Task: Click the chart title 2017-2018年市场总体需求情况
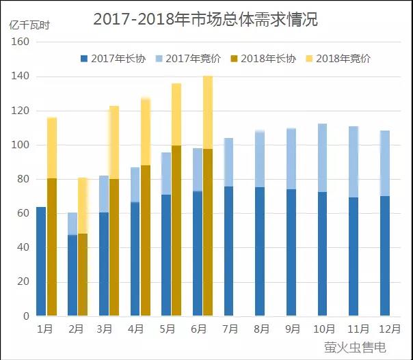coord(205,20)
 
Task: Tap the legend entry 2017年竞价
coord(189,59)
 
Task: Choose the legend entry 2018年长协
coord(267,59)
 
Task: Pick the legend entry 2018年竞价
coord(341,59)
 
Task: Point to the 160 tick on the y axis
coord(21,42)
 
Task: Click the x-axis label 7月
coord(230,329)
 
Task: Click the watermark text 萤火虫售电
coord(355,348)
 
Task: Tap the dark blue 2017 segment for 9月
coord(291,253)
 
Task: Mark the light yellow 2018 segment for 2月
coord(83,206)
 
